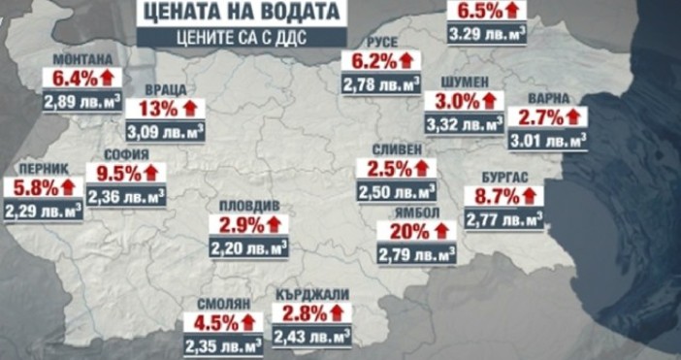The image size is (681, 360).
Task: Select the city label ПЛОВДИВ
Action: [247, 207]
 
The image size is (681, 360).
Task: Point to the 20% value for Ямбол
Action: [407, 233]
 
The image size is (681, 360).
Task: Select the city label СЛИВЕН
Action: [396, 148]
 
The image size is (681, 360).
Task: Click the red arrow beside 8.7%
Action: [532, 197]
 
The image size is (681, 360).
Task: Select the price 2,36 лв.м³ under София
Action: [125, 197]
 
